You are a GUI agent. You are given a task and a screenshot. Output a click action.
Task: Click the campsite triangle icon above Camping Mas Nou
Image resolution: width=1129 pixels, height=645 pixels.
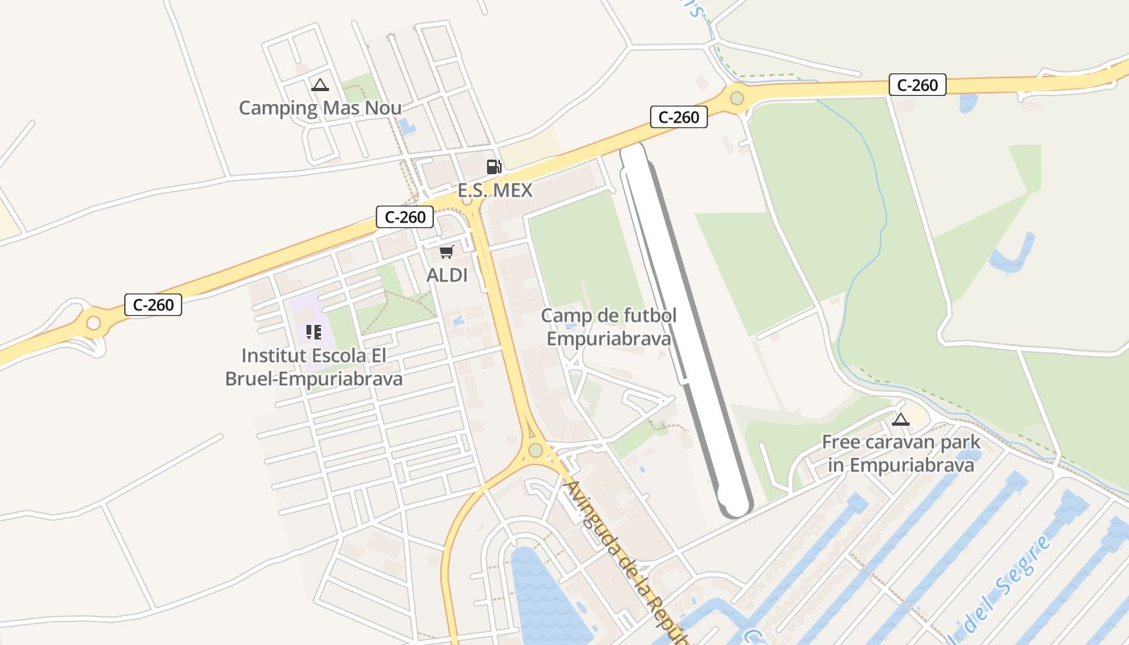pos(320,85)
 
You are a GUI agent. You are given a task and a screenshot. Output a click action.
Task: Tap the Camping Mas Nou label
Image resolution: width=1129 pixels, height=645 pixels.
pos(320,107)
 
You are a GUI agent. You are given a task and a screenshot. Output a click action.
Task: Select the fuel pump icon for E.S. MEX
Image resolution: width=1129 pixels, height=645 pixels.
pos(494,167)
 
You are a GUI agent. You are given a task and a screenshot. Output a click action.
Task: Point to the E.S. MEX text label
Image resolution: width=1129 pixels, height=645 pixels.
pos(495,190)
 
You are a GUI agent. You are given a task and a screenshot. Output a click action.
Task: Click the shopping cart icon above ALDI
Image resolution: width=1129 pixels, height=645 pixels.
pos(447,252)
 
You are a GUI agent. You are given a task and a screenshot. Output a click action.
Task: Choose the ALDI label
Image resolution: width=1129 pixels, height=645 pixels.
pos(447,275)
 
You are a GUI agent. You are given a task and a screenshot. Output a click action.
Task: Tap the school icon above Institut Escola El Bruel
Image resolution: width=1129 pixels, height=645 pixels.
pos(314,331)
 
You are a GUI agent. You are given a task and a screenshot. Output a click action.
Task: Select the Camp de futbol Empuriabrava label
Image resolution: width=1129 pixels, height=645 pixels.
pos(608,327)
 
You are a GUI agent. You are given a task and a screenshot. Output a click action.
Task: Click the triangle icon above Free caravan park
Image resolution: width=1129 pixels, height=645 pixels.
pos(901,419)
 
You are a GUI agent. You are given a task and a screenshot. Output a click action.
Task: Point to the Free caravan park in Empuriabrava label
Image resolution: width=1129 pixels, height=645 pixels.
pos(901,453)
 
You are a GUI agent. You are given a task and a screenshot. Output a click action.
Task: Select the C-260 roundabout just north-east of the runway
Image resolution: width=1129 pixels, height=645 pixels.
pos(736,98)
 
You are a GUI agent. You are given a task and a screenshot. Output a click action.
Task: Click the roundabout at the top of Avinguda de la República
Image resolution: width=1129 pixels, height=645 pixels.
pos(535,450)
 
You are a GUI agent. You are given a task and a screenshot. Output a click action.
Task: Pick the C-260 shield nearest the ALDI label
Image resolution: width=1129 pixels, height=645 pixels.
pos(405,216)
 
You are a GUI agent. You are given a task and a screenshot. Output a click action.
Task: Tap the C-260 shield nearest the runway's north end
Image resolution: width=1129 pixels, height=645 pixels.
pos(679,117)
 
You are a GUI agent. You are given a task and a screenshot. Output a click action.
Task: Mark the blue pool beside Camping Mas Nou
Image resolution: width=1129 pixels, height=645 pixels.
pos(407,127)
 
